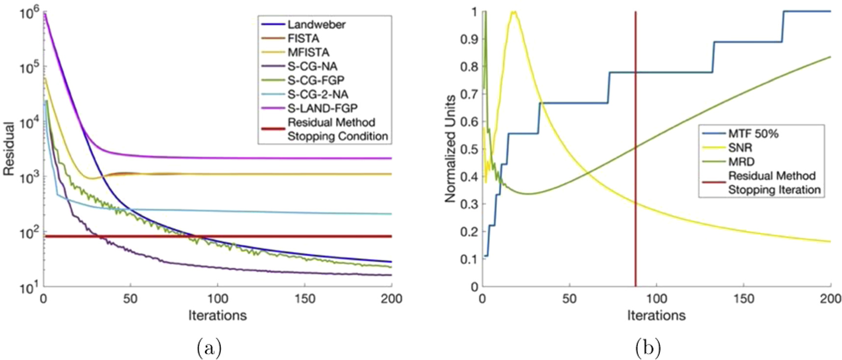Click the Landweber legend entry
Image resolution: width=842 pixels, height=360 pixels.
(x=316, y=25)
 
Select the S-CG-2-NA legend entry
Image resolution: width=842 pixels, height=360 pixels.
(x=318, y=94)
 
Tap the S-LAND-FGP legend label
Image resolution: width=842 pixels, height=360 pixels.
(x=322, y=108)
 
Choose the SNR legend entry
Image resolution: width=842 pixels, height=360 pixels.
(x=740, y=147)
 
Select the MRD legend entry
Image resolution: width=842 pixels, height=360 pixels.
(x=741, y=162)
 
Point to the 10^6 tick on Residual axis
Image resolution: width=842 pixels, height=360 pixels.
(x=28, y=12)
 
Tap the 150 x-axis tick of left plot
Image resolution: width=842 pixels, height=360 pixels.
(x=304, y=299)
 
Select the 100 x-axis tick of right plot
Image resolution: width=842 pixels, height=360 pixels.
(x=656, y=299)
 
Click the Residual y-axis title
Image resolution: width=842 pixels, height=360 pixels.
(x=9, y=149)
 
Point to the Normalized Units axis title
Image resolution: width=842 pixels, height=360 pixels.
(x=450, y=149)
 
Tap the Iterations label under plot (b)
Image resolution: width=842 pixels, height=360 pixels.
(x=656, y=315)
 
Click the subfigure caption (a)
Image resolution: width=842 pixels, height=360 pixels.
(x=209, y=348)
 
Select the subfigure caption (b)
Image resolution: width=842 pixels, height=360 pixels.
(x=648, y=348)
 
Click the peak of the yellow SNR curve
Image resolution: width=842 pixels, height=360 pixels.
(x=514, y=12)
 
